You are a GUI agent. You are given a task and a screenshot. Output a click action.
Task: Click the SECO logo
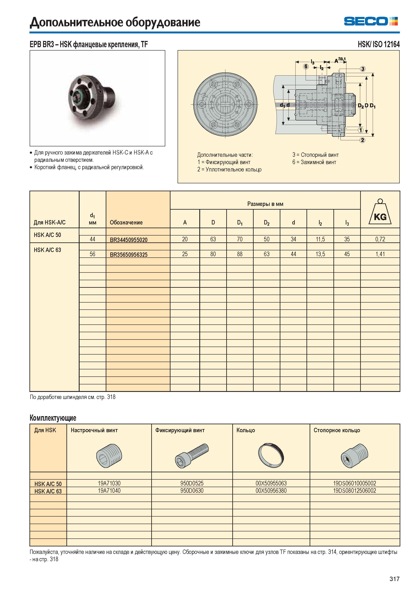pos(371,21)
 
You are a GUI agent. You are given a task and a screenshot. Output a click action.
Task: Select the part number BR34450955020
pos(129,240)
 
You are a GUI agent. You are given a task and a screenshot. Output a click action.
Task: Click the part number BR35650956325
pos(129,255)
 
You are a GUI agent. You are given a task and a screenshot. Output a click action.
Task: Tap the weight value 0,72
pos(380,239)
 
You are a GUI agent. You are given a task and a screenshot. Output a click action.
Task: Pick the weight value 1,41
pos(380,254)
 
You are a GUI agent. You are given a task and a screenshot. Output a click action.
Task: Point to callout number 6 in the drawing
pos(306,66)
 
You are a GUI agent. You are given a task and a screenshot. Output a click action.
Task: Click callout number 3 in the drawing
pos(362,69)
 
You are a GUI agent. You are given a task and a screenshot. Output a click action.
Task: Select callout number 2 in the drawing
pos(362,140)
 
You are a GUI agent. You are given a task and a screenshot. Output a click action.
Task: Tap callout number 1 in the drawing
pos(361,130)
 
